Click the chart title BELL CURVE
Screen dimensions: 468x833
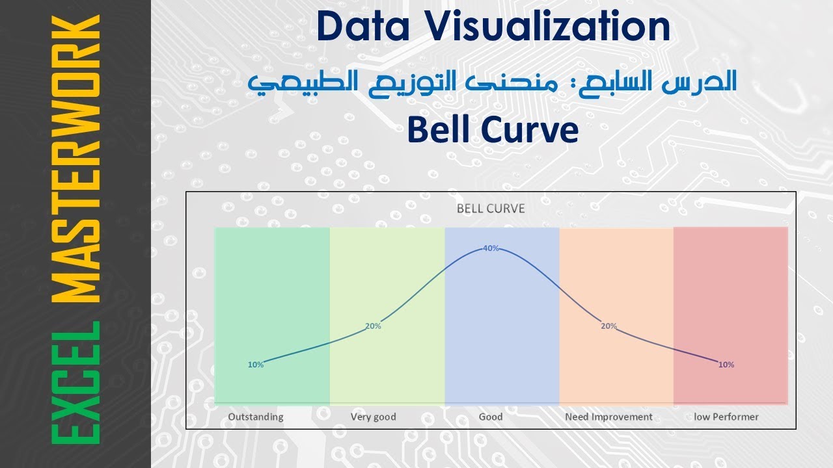point(491,209)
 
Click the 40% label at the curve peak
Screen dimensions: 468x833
point(491,248)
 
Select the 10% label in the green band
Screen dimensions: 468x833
point(256,365)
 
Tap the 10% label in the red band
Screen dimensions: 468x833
point(726,365)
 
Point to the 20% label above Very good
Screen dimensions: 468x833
point(373,326)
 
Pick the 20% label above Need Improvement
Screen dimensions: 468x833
point(608,326)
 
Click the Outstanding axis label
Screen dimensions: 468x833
point(256,417)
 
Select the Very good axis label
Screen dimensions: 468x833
point(373,417)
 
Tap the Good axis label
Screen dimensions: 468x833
point(491,417)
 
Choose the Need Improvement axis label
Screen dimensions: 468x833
point(608,417)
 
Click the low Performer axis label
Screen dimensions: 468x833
point(726,417)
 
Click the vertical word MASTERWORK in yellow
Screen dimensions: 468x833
point(76,159)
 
